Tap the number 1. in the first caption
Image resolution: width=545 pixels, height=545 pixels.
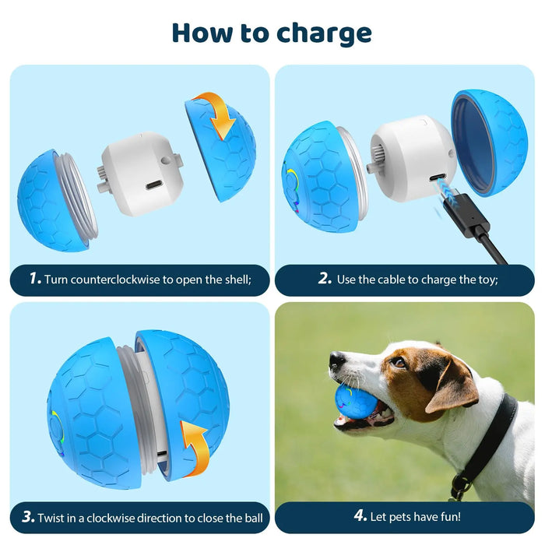coord(33,279)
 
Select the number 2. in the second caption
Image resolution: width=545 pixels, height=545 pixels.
coord(325,279)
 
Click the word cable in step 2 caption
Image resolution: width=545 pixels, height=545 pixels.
coord(399,279)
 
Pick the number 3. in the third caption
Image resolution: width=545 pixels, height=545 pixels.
coord(29,517)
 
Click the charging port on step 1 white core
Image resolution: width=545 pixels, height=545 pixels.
coord(154,185)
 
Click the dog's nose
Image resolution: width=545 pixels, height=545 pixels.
coord(336,360)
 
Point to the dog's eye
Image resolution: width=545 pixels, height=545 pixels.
coord(398,362)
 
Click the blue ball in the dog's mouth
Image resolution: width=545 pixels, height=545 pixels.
coord(355,403)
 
